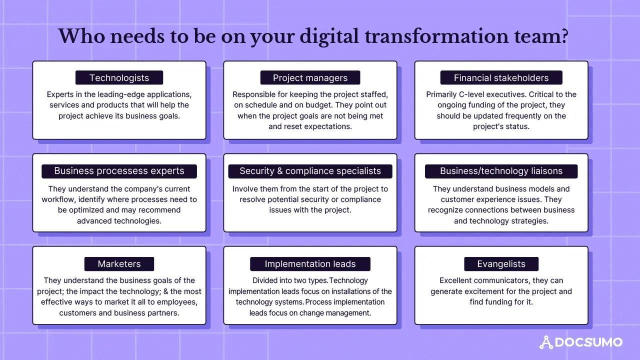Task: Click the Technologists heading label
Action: point(119,77)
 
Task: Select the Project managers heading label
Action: point(310,77)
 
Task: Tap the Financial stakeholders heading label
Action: point(501,77)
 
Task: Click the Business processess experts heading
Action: point(119,171)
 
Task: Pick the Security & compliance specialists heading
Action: point(310,171)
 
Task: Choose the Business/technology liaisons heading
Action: point(501,171)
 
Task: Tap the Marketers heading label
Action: point(119,264)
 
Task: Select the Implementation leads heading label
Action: point(310,264)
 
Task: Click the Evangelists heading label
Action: point(501,264)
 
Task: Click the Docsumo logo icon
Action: point(546,342)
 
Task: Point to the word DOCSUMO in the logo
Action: point(588,342)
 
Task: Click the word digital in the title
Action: point(329,37)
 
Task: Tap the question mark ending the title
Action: point(564,36)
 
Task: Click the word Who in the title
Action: point(81,36)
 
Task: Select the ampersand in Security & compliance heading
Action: point(279,171)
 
